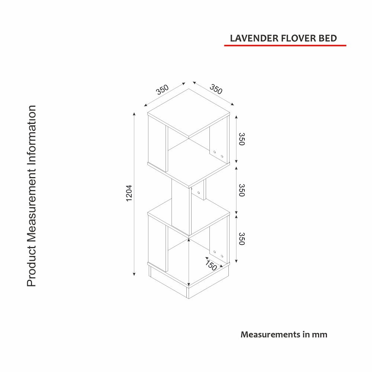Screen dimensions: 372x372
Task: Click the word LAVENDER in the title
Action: click(254, 38)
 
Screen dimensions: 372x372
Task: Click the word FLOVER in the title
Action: click(298, 38)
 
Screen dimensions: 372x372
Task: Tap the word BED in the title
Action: click(328, 38)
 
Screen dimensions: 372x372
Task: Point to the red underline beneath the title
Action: click(285, 45)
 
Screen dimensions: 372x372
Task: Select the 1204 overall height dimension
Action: click(129, 193)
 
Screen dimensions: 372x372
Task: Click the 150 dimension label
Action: click(211, 265)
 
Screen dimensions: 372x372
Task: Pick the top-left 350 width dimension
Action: click(162, 89)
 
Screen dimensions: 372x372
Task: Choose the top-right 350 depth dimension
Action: click(216, 89)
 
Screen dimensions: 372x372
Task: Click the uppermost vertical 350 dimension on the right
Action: click(241, 139)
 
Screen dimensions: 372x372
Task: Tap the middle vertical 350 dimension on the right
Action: click(241, 190)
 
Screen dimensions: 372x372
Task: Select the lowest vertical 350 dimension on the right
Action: click(241, 239)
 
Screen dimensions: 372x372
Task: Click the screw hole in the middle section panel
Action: click(199, 192)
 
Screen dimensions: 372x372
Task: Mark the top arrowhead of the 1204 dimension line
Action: click(134, 114)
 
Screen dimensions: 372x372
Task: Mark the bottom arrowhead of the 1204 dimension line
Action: click(134, 274)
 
